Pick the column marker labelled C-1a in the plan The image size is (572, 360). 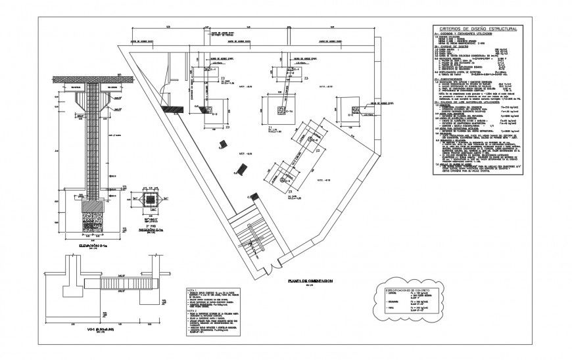283,114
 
